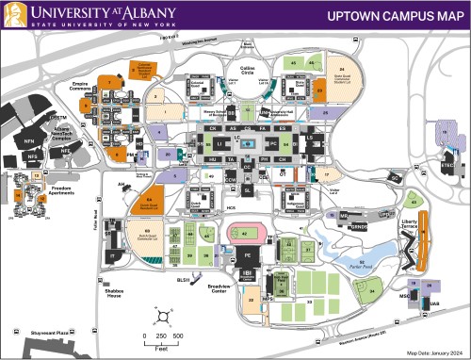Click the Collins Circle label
pos(248,69)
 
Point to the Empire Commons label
pos(87,87)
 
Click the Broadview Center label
pos(219,288)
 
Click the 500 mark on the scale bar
pos(177,336)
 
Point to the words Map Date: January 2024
pos(434,352)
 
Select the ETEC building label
pos(447,164)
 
